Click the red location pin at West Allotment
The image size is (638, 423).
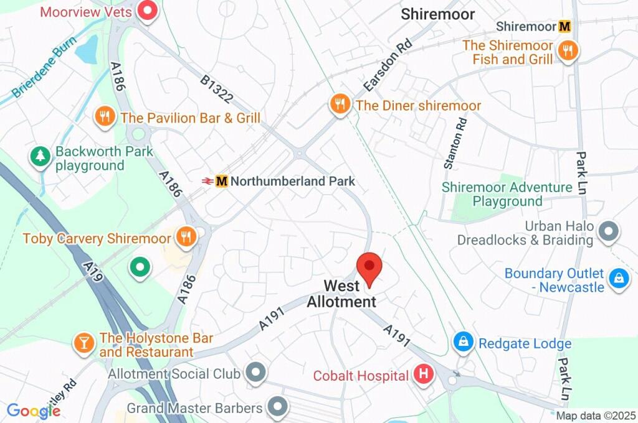click(x=369, y=267)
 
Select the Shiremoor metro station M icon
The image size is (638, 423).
click(x=565, y=27)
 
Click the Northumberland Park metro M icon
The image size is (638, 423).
click(x=222, y=181)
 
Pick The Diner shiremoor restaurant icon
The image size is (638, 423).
click(x=340, y=104)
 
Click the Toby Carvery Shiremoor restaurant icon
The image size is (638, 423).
click(x=185, y=236)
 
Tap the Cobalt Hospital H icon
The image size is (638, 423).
click(x=423, y=374)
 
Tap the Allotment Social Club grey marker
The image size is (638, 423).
click(x=255, y=373)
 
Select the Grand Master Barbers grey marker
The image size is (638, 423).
click(x=277, y=407)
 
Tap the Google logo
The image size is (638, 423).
click(x=33, y=411)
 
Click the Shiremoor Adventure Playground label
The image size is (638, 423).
click(x=507, y=194)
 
